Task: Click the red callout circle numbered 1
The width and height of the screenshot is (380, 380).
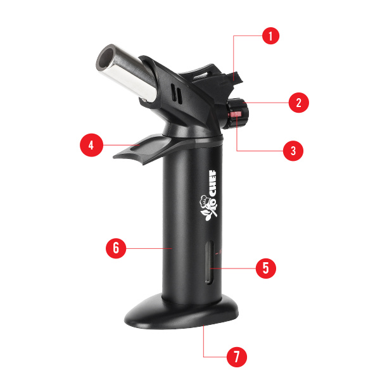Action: (x=270, y=36)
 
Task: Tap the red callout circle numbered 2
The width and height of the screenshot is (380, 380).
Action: (x=299, y=103)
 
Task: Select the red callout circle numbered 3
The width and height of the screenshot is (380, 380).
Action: (x=293, y=151)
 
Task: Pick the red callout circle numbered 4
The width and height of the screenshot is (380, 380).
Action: (x=91, y=145)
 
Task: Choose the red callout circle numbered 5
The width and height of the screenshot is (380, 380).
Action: (x=266, y=269)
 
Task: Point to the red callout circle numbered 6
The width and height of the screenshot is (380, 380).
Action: (x=116, y=248)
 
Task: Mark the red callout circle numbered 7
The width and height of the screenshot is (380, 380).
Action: (x=237, y=357)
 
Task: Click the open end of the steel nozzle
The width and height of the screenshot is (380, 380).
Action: (x=106, y=58)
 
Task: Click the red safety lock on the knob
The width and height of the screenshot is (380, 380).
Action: (x=236, y=114)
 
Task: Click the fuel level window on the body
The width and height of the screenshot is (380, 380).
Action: (x=210, y=262)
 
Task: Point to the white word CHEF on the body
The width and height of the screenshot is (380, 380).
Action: (x=212, y=183)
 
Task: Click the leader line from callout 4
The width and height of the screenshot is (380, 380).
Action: (x=122, y=145)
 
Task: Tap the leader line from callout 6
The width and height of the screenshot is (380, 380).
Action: (x=149, y=248)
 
